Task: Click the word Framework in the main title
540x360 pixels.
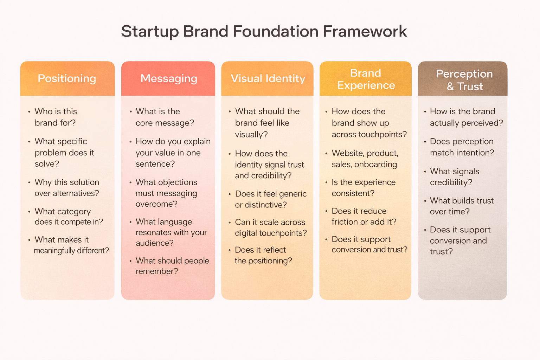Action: pos(365,31)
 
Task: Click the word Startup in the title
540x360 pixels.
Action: pos(150,32)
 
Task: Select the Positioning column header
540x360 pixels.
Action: pos(67,78)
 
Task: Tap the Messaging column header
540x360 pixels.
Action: pos(168,78)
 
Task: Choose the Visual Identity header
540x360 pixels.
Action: pos(268,78)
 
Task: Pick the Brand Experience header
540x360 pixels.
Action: pos(366,79)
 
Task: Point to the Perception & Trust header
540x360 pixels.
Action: pos(464,80)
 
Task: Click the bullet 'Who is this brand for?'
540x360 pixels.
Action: pos(56,117)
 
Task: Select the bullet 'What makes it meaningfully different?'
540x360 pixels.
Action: pos(70,245)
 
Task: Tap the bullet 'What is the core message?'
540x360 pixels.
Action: pos(165,117)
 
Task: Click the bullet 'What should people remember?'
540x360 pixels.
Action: pos(172,266)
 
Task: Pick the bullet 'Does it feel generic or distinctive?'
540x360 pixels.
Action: pos(270,199)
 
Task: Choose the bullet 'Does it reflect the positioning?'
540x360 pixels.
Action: pos(263,255)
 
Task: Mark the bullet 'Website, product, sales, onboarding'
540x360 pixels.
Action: pos(365,159)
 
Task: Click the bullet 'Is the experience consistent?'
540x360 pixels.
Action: pos(363,188)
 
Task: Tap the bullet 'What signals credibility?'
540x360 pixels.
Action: pos(454,177)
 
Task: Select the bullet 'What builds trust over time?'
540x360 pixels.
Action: pos(461,206)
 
